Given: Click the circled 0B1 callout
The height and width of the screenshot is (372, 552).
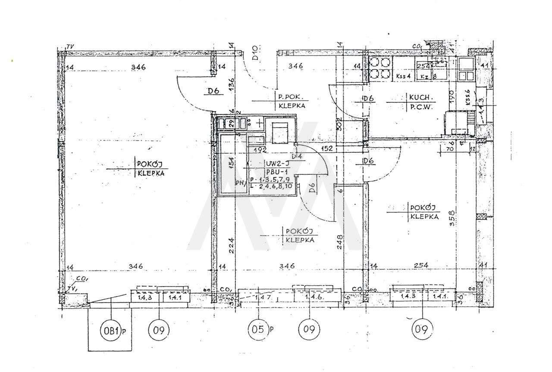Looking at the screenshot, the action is (111, 331).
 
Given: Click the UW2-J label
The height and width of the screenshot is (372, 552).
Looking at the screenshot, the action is (276, 164).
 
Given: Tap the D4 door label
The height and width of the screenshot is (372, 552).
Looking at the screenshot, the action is (296, 156).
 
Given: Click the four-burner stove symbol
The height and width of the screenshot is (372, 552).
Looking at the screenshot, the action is (381, 68).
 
